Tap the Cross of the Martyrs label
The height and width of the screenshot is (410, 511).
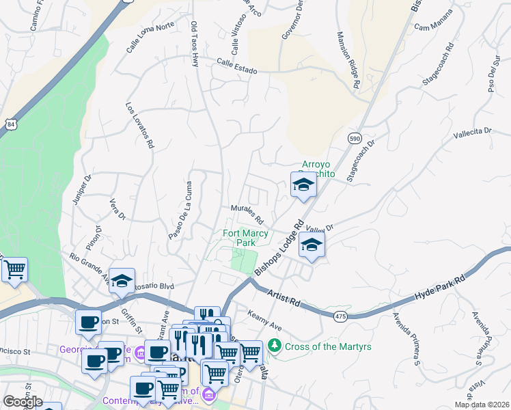click(x=329, y=346)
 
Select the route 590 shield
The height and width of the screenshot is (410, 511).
click(x=354, y=138)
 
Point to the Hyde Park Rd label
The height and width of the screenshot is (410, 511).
click(x=439, y=288)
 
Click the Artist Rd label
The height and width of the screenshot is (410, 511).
click(x=284, y=297)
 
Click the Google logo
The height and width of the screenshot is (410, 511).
click(x=23, y=402)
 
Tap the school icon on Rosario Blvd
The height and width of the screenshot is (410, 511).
click(x=122, y=280)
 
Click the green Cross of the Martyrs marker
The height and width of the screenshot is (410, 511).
click(x=275, y=346)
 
